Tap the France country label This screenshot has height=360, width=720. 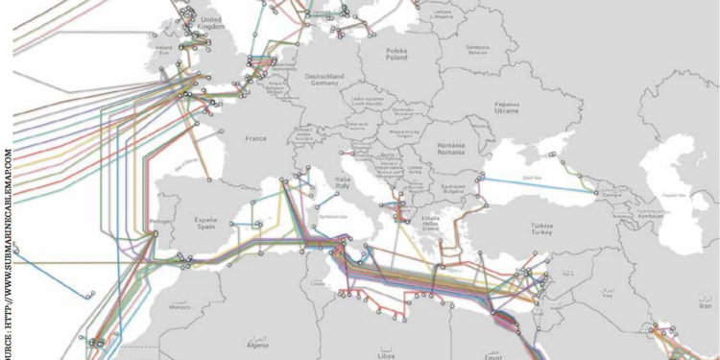point(255,138)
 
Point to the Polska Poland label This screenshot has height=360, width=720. point(396,53)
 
